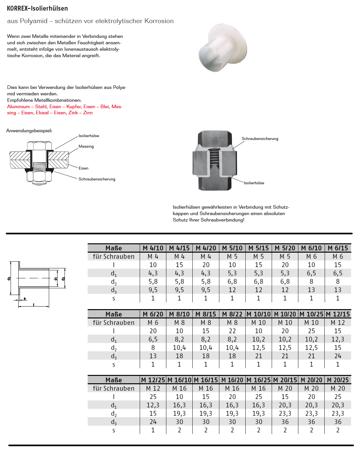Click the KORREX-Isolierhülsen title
click(x=37, y=8)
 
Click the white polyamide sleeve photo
click(x=223, y=48)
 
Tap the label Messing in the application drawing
click(x=86, y=146)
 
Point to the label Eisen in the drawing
click(x=83, y=168)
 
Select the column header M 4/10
click(x=153, y=248)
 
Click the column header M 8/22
click(x=232, y=314)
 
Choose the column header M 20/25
click(x=338, y=380)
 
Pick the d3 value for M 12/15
click(x=338, y=356)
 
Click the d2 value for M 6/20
click(x=153, y=348)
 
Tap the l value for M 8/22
click(x=232, y=331)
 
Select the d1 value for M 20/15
click(x=285, y=405)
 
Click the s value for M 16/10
click(x=179, y=430)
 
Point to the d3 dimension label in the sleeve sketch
click(x=9, y=278)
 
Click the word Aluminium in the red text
click(x=18, y=107)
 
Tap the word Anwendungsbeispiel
click(x=29, y=131)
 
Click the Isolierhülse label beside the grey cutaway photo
click(x=254, y=183)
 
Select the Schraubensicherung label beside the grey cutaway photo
click(x=260, y=139)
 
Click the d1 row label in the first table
click(x=114, y=273)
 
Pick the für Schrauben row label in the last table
click(x=114, y=388)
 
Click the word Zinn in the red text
click(x=88, y=113)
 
